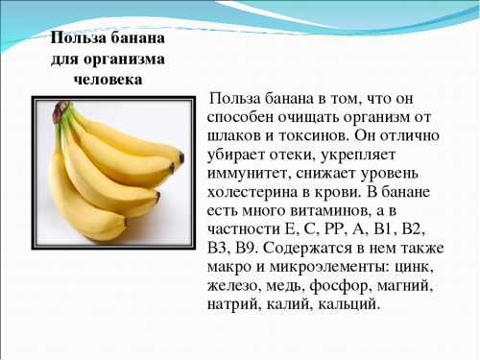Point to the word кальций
click(348, 305)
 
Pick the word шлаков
click(235, 135)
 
